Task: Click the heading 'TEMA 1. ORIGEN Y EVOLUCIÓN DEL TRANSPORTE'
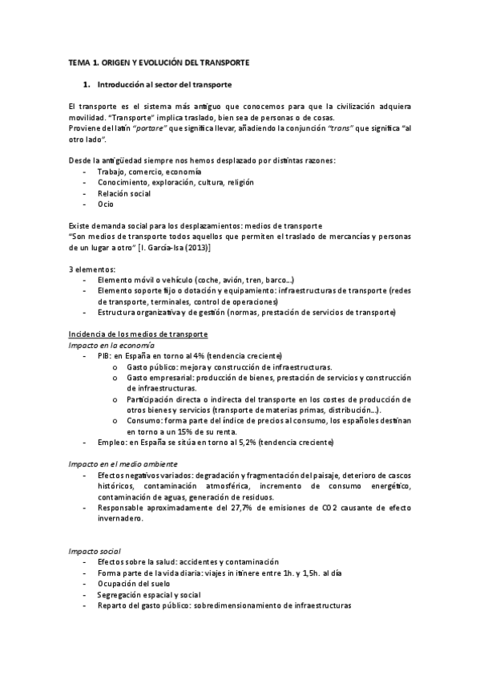[x=159, y=62]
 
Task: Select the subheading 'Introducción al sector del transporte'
[x=163, y=84]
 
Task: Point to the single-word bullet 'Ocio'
[x=105, y=204]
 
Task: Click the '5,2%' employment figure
[x=227, y=443]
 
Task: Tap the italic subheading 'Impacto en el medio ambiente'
[x=122, y=463]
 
